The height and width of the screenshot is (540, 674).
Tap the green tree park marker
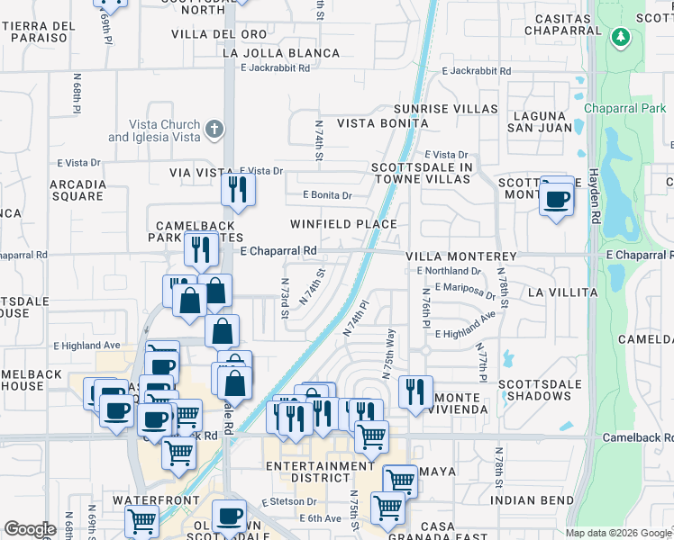point(619,38)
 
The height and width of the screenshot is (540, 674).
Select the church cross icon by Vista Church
point(214,130)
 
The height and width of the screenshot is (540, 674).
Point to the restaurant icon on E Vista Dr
point(239,188)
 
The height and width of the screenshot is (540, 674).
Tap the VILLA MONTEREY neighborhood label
point(460,256)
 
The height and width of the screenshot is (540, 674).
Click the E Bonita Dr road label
point(327,194)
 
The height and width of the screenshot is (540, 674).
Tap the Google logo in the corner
point(30,529)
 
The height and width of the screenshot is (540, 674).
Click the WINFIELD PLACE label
point(343,224)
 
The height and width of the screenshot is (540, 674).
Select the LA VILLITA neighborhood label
point(562,292)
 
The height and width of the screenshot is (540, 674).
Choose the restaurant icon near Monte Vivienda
point(415,391)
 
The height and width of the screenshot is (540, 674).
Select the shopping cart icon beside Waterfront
point(142,522)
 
